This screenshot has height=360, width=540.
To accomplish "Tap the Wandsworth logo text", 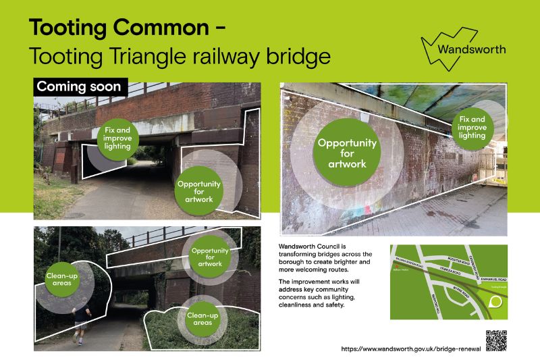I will [470, 49].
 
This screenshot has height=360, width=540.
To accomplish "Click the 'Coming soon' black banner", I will [79, 86].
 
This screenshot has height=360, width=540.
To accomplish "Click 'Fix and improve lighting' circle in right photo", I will [473, 127].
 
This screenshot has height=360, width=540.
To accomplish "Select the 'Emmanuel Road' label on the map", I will [484, 277].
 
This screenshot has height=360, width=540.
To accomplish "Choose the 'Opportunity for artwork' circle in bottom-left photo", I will [208, 256].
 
